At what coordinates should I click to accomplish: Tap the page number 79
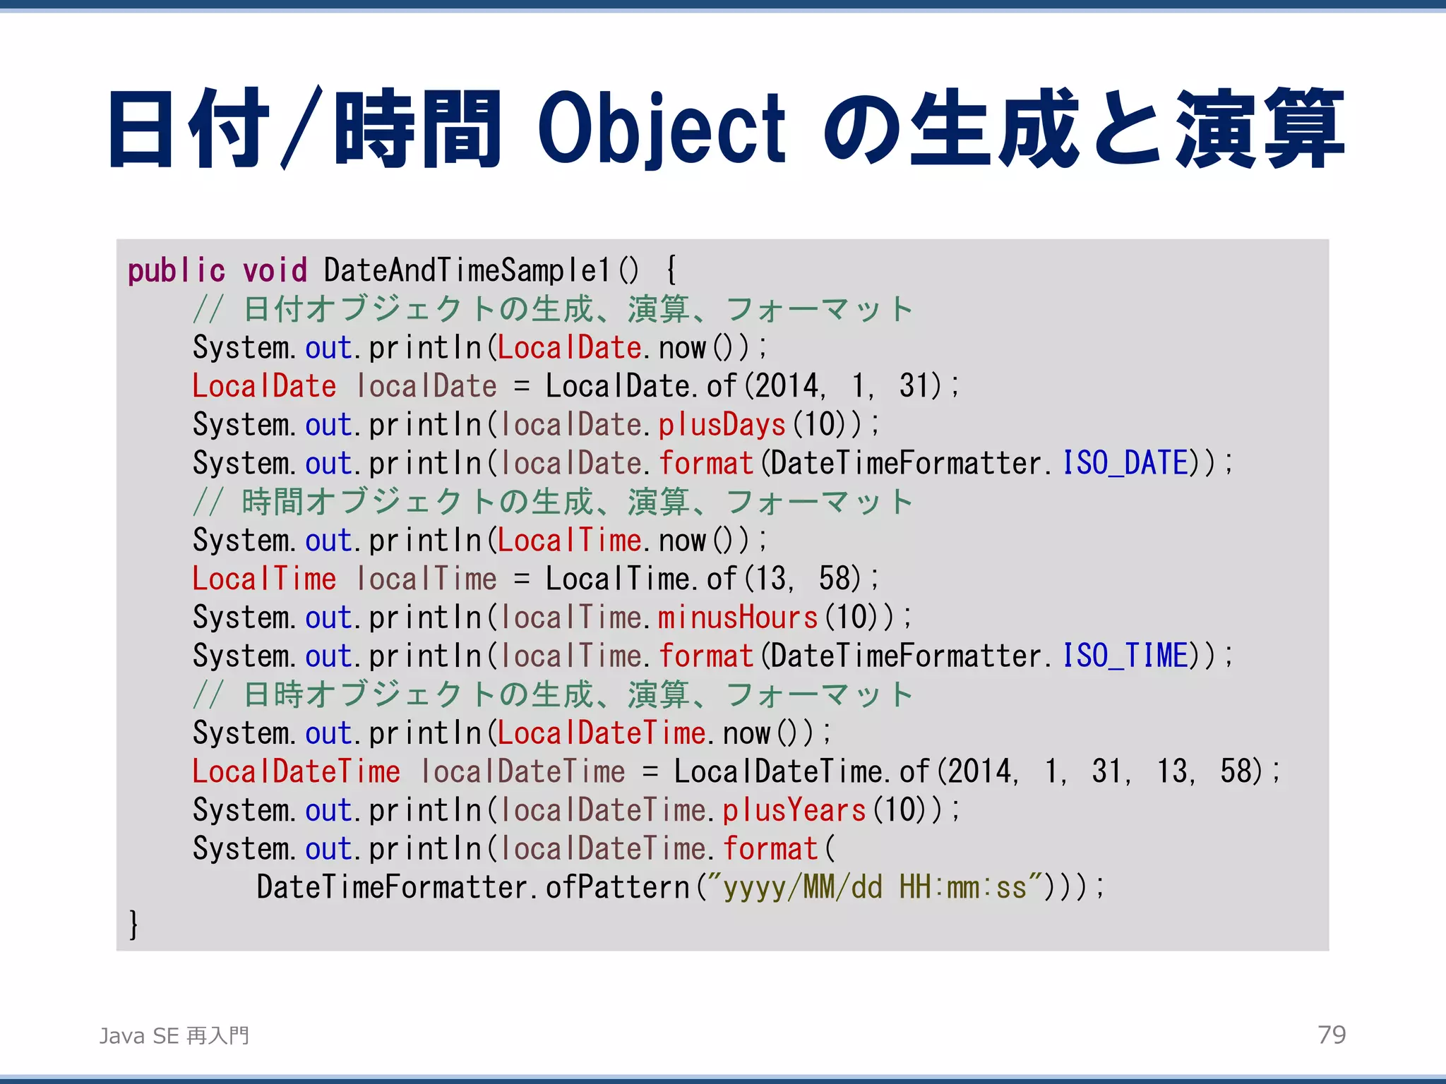point(1332,1035)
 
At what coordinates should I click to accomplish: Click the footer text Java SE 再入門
point(174,1035)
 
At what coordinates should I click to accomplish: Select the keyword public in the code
point(176,271)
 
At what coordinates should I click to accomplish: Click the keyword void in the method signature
point(275,271)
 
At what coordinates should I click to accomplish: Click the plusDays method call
point(722,425)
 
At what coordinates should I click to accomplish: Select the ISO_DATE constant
point(1125,464)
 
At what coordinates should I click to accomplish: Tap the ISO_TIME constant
point(1125,656)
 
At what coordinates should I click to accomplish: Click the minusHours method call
point(738,618)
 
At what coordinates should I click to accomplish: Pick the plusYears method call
point(794,810)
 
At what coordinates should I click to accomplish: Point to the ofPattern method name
point(617,888)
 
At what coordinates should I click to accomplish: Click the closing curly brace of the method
point(133,925)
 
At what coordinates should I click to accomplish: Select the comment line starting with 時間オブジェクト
point(552,502)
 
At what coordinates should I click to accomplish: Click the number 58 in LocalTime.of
point(838,579)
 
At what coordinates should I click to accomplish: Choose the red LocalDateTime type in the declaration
point(297,771)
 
